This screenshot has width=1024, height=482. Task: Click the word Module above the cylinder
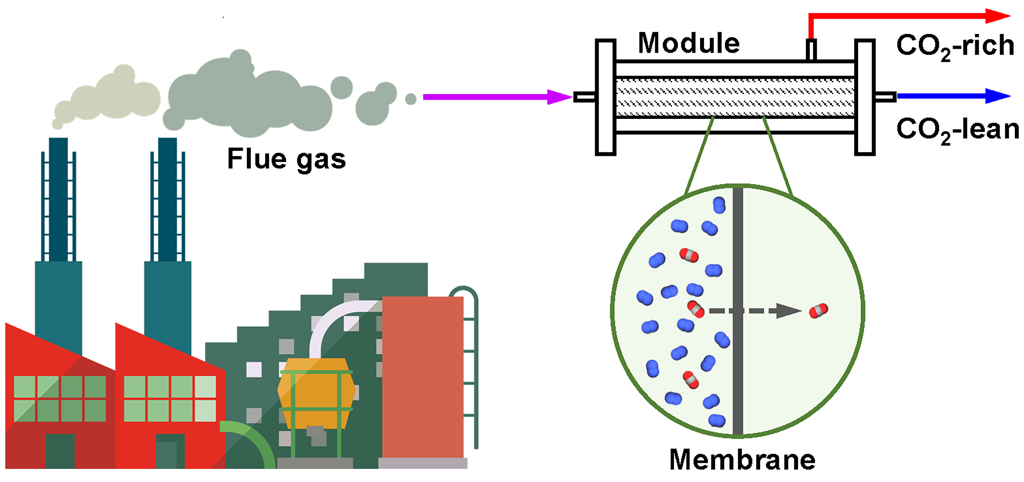[688, 44]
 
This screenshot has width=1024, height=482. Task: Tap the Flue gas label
[286, 159]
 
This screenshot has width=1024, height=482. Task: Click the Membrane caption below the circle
[742, 460]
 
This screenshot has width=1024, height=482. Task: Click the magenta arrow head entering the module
[559, 97]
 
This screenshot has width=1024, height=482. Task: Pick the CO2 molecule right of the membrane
[818, 311]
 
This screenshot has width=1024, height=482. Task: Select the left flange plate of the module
[605, 97]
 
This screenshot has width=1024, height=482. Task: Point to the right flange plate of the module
[865, 97]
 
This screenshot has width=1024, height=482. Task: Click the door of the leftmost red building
[60, 451]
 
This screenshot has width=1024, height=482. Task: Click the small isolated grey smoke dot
[411, 99]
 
